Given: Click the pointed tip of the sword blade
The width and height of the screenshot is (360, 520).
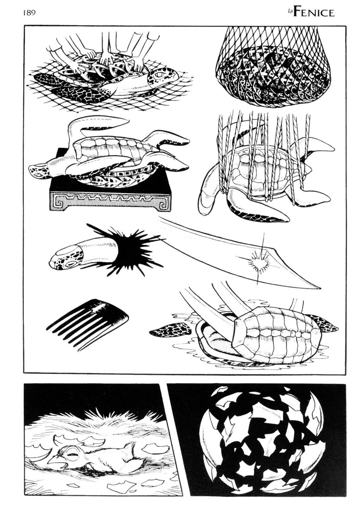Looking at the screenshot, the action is pyautogui.click(x=320, y=288).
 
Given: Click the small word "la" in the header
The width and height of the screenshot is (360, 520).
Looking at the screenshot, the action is pyautogui.click(x=289, y=12).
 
